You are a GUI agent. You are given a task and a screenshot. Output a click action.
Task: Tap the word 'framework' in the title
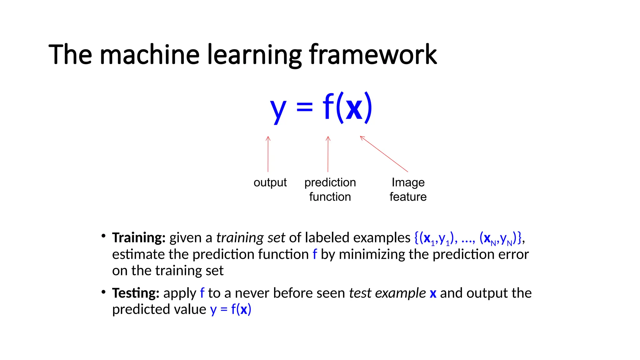373,55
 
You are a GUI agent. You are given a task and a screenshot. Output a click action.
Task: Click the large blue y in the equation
278,109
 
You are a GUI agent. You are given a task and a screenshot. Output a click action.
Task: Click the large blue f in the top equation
328,106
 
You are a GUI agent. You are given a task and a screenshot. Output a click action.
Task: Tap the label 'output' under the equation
270,182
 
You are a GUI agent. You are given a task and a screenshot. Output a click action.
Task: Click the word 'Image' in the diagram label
408,182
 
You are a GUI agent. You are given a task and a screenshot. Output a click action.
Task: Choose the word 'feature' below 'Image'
408,197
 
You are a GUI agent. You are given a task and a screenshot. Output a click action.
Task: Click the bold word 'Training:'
139,238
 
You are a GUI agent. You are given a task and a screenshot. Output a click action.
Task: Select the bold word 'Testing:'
136,293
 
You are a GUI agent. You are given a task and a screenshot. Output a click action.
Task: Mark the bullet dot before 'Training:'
103,236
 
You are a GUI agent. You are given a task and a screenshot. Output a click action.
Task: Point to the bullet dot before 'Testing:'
103,292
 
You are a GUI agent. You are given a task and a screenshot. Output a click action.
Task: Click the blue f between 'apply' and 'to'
202,293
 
